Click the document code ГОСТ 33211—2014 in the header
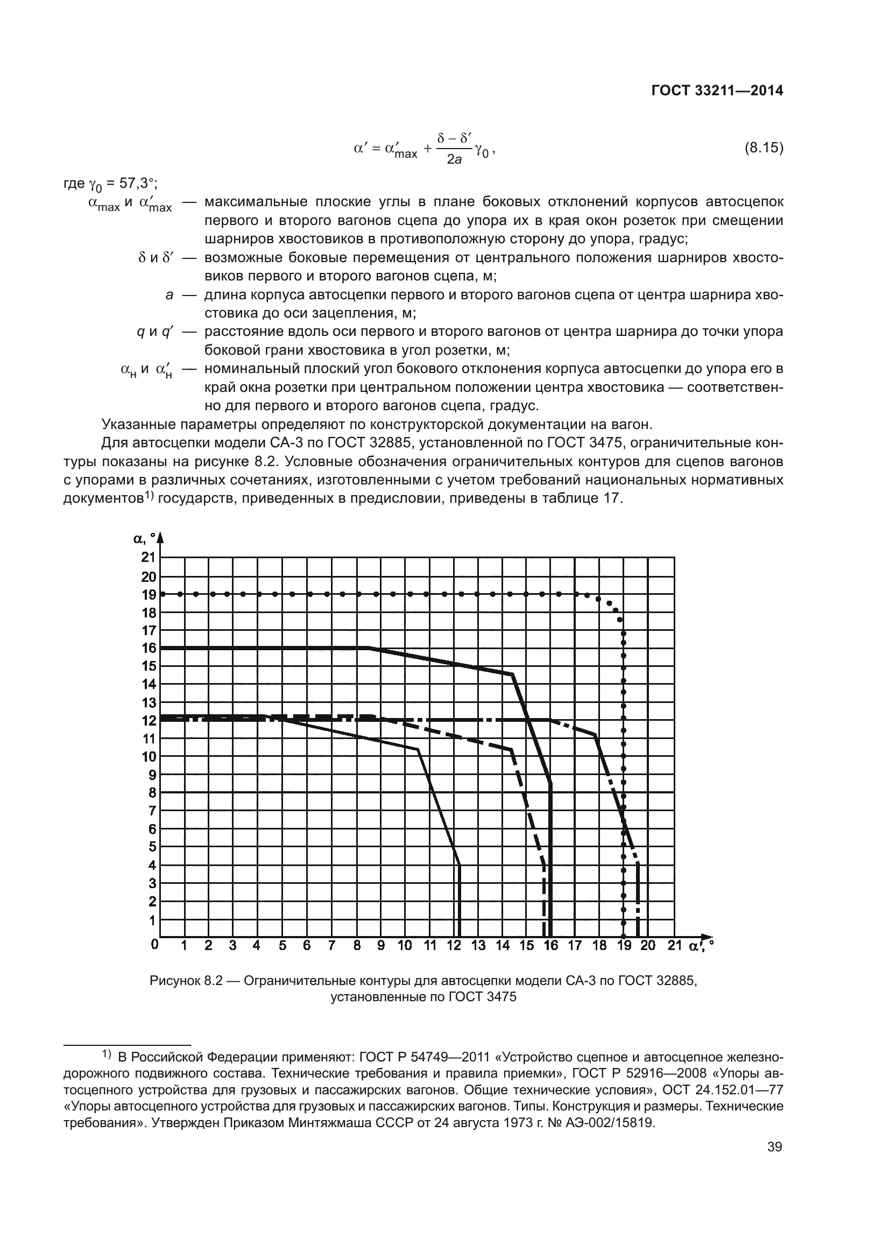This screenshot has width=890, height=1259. [717, 91]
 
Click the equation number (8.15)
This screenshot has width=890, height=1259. [764, 148]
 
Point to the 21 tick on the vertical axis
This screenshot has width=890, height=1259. [149, 557]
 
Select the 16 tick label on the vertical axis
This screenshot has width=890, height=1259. [149, 648]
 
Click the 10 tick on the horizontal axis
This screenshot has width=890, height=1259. [405, 945]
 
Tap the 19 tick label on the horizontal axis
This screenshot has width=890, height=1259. [624, 945]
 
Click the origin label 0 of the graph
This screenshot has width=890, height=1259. [154, 944]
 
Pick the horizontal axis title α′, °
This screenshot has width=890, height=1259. [701, 946]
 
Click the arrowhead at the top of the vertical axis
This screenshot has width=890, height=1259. [160, 537]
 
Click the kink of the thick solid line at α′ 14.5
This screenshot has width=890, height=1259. [512, 674]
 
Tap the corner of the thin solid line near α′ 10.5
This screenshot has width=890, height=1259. [418, 749]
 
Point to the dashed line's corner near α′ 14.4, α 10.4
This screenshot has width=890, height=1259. [511, 750]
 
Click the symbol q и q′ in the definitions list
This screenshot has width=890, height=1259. [155, 332]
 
